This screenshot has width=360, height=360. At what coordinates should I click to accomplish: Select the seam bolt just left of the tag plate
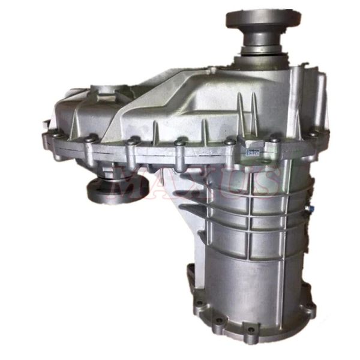pos(230,143)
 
